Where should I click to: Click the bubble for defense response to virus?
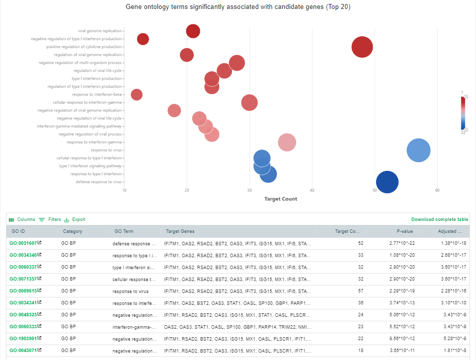[387, 182]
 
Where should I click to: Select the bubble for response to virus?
[418, 150]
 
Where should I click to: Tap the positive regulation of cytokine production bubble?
[362, 47]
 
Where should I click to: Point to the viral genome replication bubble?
[193, 31]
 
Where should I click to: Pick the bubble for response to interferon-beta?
[137, 94]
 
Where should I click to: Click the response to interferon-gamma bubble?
[287, 142]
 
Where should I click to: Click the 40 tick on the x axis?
[312, 190]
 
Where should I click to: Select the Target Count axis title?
[281, 199]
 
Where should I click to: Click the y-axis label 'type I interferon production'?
[97, 78]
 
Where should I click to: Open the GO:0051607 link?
[23, 243]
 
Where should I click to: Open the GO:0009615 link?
[23, 291]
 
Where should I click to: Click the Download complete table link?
[440, 219]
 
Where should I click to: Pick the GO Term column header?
[124, 231]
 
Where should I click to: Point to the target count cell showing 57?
[360, 291]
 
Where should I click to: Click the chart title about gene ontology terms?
[238, 7]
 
